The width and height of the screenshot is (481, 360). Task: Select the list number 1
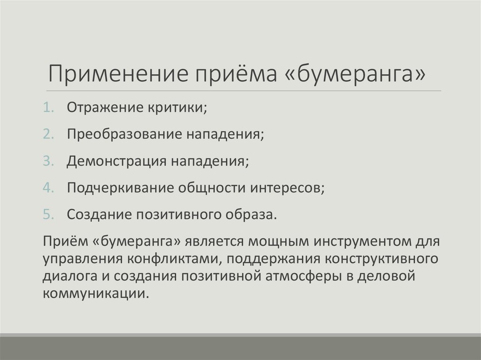tap(48, 108)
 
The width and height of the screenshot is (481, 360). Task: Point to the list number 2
tap(48, 134)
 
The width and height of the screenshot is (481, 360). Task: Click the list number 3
tap(48, 161)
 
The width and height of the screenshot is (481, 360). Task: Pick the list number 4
tap(48, 187)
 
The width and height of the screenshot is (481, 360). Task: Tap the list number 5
tap(48, 214)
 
